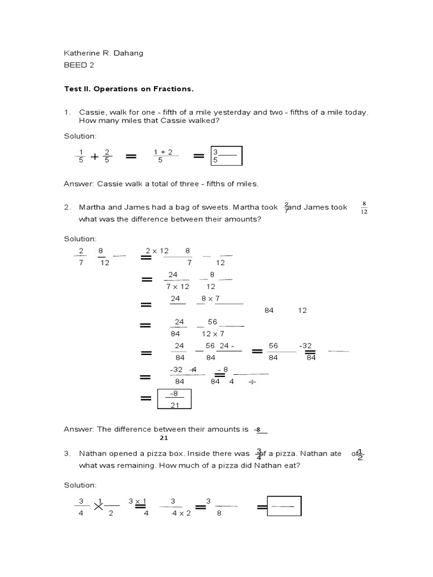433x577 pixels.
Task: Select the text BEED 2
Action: [78, 65]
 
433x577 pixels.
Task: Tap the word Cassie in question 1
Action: [91, 113]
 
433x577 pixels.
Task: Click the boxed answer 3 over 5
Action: [226, 156]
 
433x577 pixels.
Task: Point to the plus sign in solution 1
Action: [95, 157]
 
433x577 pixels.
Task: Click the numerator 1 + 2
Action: [162, 152]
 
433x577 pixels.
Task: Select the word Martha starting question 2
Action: [92, 207]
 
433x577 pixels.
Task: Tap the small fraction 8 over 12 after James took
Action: [364, 208]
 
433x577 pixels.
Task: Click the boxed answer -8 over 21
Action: [174, 399]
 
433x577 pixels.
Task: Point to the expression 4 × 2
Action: [181, 513]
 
